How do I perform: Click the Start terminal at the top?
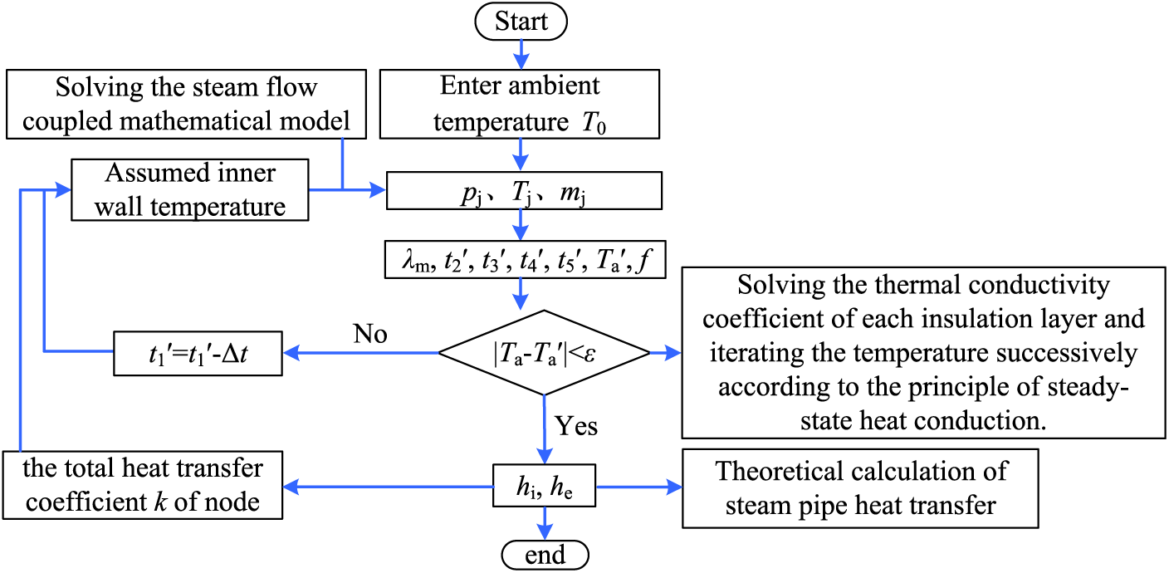(x=521, y=22)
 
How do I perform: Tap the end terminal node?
(x=545, y=555)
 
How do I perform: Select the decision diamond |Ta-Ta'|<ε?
(x=545, y=353)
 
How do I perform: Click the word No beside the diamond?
(x=370, y=334)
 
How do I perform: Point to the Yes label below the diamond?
(x=575, y=426)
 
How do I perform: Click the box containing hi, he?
(x=545, y=486)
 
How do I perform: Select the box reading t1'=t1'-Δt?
(x=198, y=353)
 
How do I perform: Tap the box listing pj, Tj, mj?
(x=524, y=190)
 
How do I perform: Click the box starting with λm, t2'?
(x=525, y=259)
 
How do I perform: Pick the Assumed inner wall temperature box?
(x=190, y=190)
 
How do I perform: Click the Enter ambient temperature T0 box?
(x=520, y=104)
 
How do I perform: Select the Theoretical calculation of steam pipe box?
(x=861, y=488)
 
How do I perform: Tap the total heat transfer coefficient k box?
(x=143, y=485)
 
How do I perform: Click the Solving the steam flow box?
(x=186, y=104)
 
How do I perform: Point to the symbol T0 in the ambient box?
(x=594, y=124)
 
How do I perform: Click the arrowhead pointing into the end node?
(x=545, y=532)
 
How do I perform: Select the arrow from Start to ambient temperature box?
(x=521, y=55)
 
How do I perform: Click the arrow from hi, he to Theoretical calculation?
(x=639, y=487)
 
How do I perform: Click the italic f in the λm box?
(x=646, y=259)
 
